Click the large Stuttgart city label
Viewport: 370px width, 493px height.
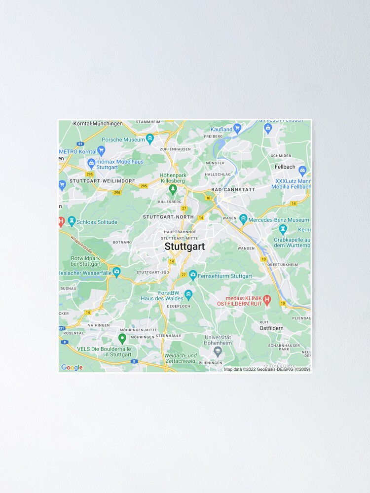point(184,246)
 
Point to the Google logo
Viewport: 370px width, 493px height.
point(72,367)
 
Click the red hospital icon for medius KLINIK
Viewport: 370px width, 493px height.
point(267,299)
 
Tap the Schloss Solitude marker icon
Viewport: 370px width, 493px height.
point(72,222)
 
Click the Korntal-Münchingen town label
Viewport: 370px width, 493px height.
point(98,123)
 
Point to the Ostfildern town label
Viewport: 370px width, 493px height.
point(271,328)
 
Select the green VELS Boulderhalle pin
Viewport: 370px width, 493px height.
point(122,339)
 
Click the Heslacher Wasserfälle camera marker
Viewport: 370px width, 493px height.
point(116,272)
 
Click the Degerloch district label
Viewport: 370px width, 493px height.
point(178,306)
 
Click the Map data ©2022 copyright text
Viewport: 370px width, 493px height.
point(267,369)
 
